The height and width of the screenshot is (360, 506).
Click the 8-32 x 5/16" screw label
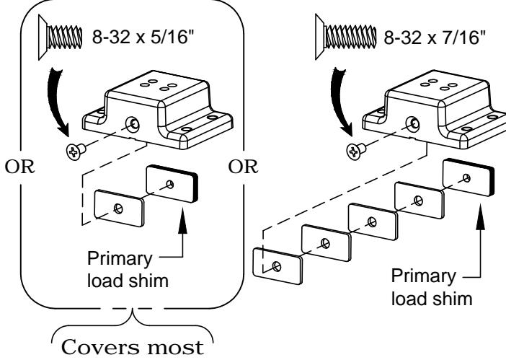click(144, 37)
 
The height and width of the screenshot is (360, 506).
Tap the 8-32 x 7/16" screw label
click(435, 37)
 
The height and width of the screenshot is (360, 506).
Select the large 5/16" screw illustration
click(61, 38)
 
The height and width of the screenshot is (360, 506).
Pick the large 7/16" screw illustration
click(346, 37)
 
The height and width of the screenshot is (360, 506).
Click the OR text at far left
click(19, 167)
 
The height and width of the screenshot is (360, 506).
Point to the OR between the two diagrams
click(243, 167)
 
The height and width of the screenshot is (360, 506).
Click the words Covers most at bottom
click(133, 348)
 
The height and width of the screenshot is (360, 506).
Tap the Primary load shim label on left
click(128, 270)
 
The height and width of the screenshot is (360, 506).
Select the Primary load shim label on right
click(432, 287)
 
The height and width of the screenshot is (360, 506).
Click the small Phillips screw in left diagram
click(76, 151)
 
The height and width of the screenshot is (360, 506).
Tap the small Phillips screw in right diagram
click(355, 151)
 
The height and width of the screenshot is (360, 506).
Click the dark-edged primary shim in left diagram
click(172, 184)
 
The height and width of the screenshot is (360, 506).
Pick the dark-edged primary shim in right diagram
click(469, 177)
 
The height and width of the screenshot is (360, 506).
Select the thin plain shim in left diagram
click(119, 208)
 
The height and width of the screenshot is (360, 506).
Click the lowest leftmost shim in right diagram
click(278, 266)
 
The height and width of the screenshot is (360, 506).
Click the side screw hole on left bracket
click(133, 124)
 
